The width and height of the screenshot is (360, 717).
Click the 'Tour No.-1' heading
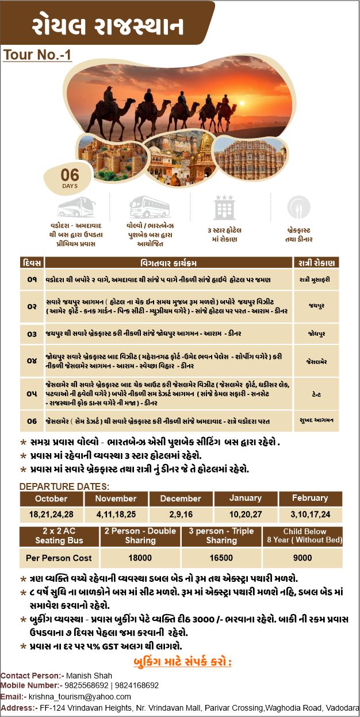pyautogui.click(x=37, y=55)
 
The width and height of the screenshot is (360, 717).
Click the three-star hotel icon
pyautogui.click(x=224, y=206)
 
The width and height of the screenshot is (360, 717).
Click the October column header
pyautogui.click(x=51, y=499)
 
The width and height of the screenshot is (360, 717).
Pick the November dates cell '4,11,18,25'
pyautogui.click(x=116, y=513)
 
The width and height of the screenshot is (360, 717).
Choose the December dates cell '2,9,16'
pyautogui.click(x=181, y=513)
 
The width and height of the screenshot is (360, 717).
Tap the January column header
pyautogui.click(x=246, y=498)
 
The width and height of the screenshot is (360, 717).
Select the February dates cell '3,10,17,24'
pyautogui.click(x=310, y=513)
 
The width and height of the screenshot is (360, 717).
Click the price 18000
pyautogui.click(x=140, y=558)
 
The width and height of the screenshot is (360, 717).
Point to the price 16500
pyautogui.click(x=221, y=558)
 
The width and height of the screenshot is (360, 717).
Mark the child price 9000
pyautogui.click(x=302, y=558)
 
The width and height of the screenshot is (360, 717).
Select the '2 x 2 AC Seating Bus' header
pyautogui.click(x=59, y=536)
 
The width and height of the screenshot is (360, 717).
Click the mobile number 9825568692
pyautogui.click(x=86, y=686)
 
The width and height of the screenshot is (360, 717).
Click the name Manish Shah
pyautogui.click(x=89, y=676)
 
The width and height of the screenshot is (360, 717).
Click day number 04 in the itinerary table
pyautogui.click(x=32, y=361)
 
